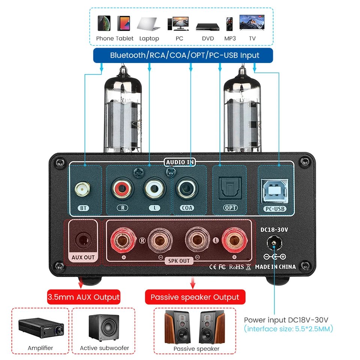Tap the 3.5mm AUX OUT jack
82,239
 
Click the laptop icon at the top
149,23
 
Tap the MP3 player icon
229,24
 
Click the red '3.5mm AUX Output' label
84,297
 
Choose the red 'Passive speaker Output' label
195,297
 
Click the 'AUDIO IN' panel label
180,162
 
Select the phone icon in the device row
104,23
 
